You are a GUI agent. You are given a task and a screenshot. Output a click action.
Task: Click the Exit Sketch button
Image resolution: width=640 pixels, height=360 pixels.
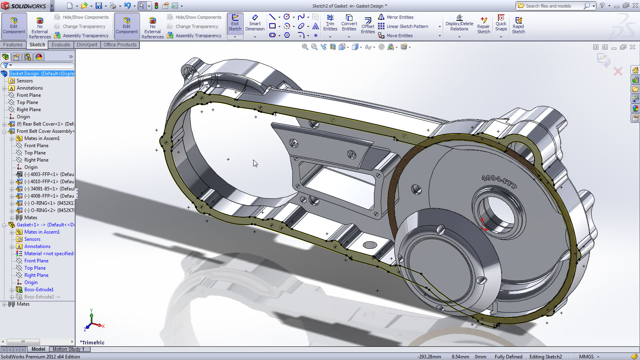coord(235,23)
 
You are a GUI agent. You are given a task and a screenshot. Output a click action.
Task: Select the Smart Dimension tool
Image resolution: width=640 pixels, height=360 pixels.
coord(255,23)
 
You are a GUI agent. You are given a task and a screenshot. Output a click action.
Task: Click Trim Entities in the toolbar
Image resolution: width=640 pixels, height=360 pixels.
coord(330,23)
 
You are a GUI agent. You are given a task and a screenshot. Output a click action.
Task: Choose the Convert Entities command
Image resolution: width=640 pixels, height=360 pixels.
coord(349,23)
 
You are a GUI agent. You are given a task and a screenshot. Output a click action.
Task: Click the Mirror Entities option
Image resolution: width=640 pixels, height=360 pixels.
coord(400,17)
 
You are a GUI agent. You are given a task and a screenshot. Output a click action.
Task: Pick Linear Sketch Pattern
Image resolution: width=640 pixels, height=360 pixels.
coord(407,26)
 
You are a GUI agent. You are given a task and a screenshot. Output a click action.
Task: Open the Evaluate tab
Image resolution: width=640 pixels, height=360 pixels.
coord(61,45)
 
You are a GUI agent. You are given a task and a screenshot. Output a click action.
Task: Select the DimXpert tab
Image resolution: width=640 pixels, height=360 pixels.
coord(87,45)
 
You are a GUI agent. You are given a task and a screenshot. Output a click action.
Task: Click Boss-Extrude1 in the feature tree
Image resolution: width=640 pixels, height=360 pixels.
coord(39,290)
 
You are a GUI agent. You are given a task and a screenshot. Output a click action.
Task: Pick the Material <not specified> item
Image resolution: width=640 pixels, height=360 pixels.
coord(49,254)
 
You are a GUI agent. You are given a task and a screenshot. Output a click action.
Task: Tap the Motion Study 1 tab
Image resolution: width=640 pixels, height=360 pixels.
coord(68,349)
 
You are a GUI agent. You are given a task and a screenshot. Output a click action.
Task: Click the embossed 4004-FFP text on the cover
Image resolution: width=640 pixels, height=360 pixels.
coord(499,182)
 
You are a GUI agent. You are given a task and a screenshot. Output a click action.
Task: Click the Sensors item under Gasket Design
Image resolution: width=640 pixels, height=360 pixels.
coord(25,81)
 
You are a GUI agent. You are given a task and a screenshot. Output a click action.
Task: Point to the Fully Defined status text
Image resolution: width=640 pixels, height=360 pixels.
coord(508,357)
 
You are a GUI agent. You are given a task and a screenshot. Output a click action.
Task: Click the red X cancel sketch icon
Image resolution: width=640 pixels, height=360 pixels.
coord(618,72)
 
